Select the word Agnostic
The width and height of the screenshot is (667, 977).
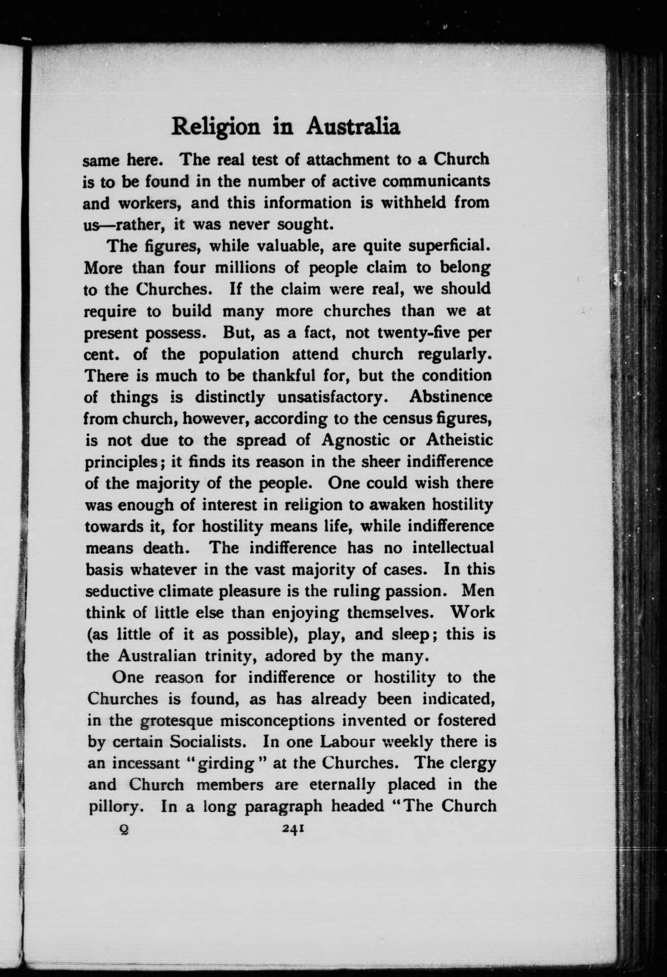358,440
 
